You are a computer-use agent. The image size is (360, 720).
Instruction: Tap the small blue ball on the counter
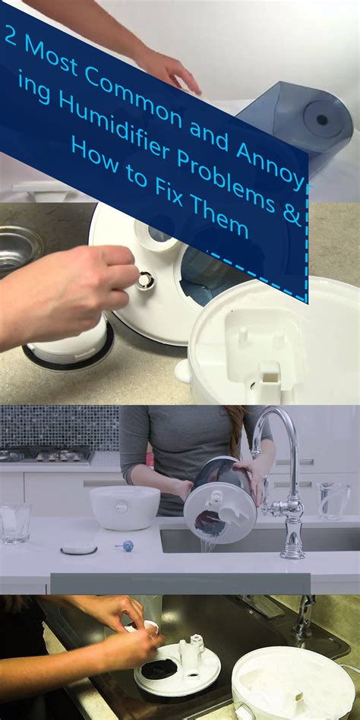click(128, 545)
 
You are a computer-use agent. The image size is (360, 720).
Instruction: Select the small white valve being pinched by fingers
click(143, 279)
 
